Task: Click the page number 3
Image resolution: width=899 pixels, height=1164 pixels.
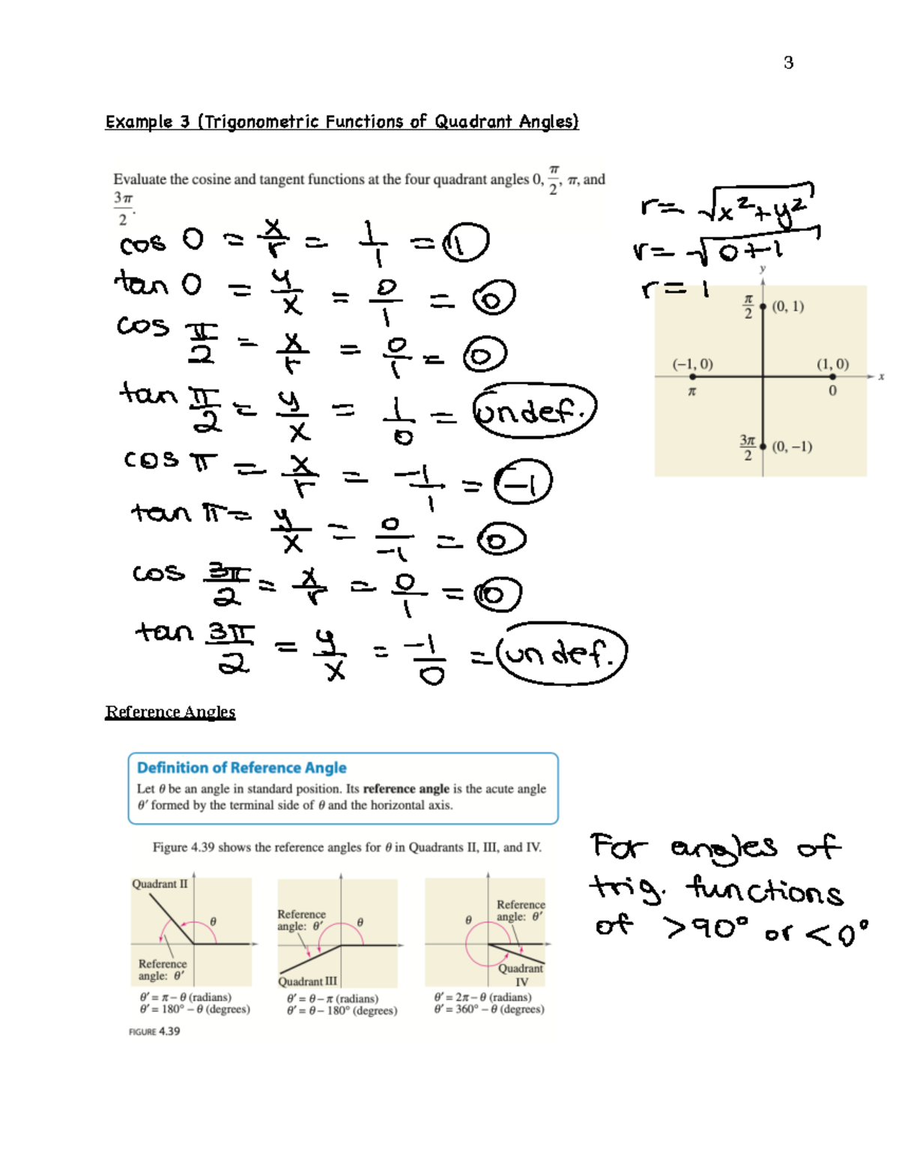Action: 788,63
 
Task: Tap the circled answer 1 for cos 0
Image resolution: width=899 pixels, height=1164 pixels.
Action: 465,243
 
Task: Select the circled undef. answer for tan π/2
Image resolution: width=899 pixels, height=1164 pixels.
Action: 534,410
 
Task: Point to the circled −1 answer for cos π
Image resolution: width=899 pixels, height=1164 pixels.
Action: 523,482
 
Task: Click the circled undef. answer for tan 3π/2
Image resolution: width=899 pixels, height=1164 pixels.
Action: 562,654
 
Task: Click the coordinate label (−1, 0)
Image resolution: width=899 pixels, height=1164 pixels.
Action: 692,364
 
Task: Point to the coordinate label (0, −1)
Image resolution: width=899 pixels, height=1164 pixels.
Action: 792,447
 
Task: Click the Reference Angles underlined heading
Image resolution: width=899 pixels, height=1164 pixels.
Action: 170,711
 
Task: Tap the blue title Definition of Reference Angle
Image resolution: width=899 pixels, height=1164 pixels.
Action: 241,768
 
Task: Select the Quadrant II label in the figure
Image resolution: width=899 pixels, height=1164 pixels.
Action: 160,884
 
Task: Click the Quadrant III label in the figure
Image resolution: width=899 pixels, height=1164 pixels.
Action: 307,981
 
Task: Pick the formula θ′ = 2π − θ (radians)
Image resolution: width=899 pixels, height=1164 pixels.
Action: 482,997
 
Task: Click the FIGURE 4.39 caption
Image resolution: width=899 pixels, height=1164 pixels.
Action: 154,1031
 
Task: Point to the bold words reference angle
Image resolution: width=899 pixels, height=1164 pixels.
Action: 406,788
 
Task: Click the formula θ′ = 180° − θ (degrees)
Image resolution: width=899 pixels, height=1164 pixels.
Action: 195,1009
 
